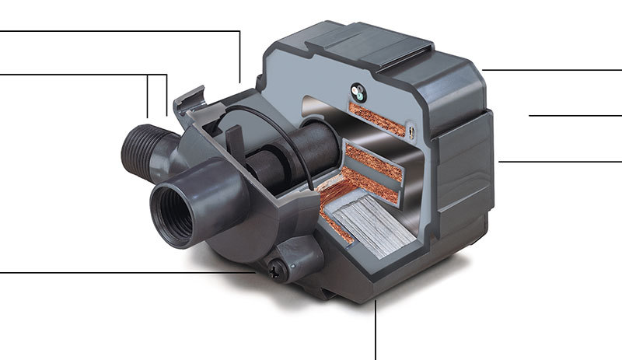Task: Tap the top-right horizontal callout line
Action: coord(552,70)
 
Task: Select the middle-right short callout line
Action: coord(575,115)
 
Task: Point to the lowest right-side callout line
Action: coord(560,162)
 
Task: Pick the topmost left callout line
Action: coord(117,31)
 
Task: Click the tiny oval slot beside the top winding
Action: coord(408,132)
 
